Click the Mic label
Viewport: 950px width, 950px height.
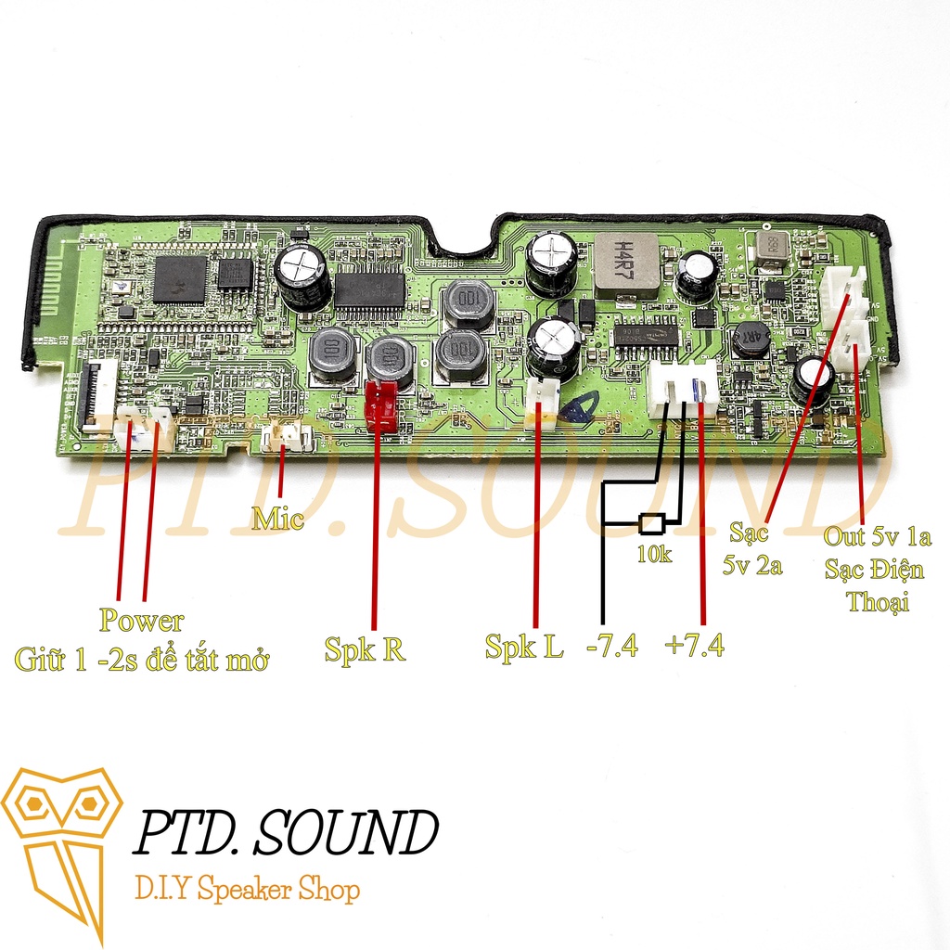pyautogui.click(x=277, y=520)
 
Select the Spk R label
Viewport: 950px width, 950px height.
pyautogui.click(x=365, y=648)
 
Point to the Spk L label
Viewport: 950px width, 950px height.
pyautogui.click(x=524, y=647)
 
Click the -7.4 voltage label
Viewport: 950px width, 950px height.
pyautogui.click(x=612, y=646)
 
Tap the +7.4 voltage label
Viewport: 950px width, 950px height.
pyautogui.click(x=695, y=646)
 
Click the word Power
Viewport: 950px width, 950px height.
pyautogui.click(x=142, y=621)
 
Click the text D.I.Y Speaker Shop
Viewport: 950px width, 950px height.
pyautogui.click(x=247, y=892)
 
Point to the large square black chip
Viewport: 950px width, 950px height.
pyautogui.click(x=181, y=279)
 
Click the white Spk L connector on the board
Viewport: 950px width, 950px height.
pyautogui.click(x=541, y=403)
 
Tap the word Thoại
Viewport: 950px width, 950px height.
pyautogui.click(x=878, y=602)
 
